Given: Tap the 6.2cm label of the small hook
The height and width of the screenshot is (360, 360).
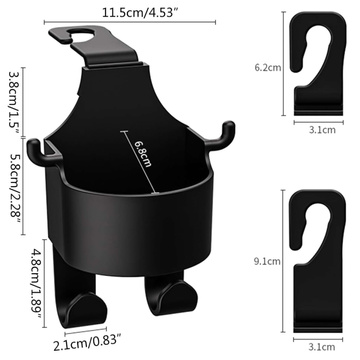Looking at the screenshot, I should click(x=267, y=68).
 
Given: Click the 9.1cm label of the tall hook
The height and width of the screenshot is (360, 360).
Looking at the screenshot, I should click(x=267, y=263).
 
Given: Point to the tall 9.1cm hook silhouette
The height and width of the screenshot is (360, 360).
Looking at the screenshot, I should click(x=319, y=260).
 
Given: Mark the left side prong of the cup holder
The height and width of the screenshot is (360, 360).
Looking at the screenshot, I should click(x=40, y=150).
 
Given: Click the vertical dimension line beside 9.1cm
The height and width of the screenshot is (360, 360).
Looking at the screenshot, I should click(x=287, y=263).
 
